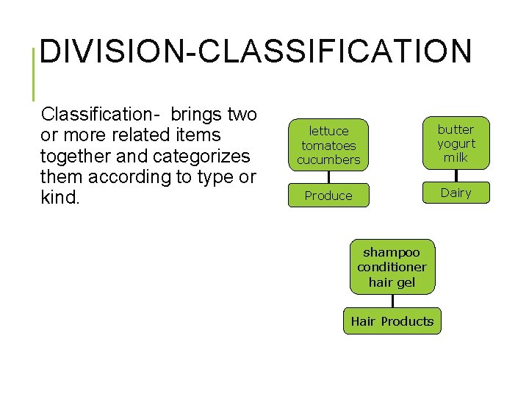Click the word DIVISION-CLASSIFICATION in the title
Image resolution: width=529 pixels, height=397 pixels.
[255, 52]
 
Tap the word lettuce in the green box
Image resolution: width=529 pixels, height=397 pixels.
[328, 131]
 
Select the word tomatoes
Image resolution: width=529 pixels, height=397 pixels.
[328, 146]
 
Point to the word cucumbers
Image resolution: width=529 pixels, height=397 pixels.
[328, 160]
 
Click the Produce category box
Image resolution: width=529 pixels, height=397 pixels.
[328, 196]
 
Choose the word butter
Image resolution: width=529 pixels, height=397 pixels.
[456, 129]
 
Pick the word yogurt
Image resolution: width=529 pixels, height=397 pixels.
[456, 143]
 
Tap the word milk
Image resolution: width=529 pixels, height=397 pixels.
[456, 157]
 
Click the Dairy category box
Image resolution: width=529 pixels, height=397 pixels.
[456, 193]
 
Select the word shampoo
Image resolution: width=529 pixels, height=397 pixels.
[392, 252]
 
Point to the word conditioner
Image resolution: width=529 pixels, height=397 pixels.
[392, 267]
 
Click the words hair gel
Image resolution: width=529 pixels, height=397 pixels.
[392, 282]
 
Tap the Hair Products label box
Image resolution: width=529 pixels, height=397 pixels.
[392, 321]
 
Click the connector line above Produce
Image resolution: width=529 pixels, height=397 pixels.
[328, 177]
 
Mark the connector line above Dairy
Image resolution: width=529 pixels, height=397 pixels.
[456, 176]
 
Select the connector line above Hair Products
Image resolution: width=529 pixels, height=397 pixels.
[392, 301]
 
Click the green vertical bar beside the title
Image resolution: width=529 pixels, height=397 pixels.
[34, 74]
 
